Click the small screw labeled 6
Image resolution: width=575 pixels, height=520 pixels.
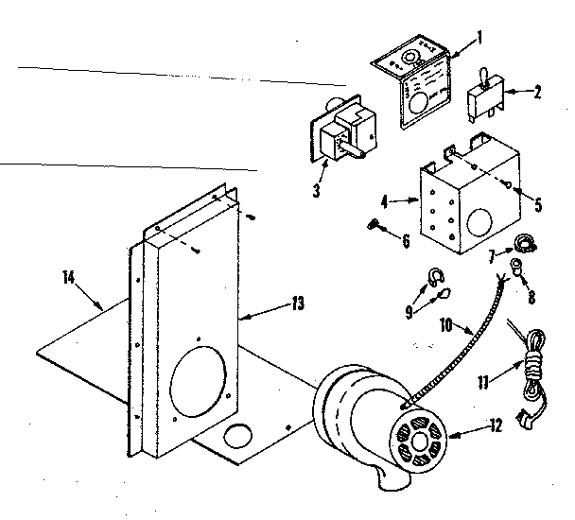pyautogui.click(x=374, y=225)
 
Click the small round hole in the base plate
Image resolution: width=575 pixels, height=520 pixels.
pyautogui.click(x=237, y=437)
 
